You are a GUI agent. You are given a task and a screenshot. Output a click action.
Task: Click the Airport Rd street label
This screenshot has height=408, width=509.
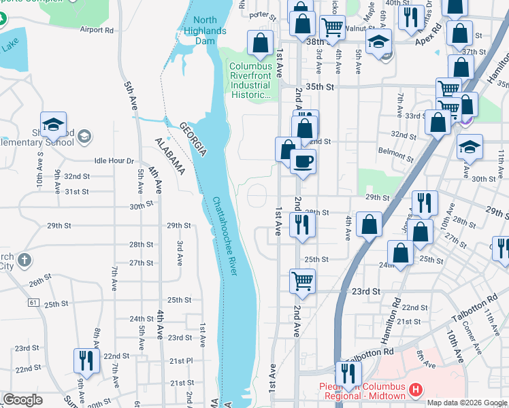97,30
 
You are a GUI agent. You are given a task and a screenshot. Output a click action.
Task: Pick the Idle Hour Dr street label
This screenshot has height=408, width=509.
114,160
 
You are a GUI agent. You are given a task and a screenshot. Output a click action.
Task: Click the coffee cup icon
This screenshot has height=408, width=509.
303,162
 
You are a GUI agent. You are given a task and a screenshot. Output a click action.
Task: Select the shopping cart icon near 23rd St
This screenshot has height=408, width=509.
302,279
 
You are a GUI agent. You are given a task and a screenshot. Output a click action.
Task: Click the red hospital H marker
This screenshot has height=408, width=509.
416,390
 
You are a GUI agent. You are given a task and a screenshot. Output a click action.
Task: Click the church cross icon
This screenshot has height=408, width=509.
24,260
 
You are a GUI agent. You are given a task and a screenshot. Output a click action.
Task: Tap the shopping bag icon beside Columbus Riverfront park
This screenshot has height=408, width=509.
260,43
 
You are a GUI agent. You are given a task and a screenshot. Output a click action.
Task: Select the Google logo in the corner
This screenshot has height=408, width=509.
22,400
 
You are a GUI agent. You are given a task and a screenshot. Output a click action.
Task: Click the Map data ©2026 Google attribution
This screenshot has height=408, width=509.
467,403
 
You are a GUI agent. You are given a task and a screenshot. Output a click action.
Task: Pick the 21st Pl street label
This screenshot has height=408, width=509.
182,360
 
